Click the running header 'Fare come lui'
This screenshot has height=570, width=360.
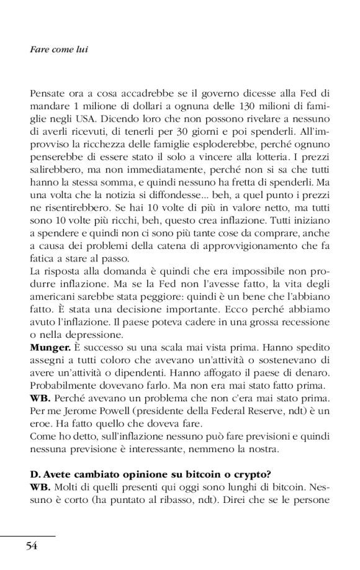[59, 49]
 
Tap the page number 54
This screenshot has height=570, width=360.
[31, 545]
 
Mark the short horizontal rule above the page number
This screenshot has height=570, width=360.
[28, 536]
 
